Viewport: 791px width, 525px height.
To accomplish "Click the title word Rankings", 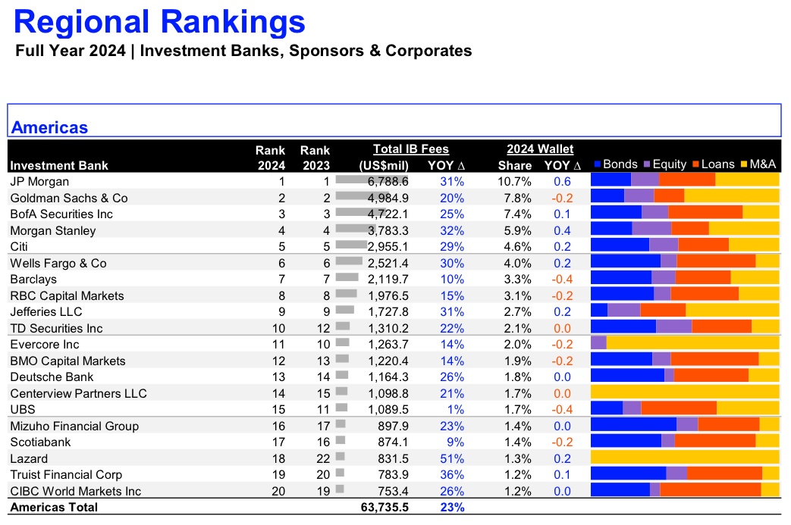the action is click(233, 22).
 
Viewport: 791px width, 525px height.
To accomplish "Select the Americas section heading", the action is click(49, 127).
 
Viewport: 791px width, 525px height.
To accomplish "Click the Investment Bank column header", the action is click(59, 165).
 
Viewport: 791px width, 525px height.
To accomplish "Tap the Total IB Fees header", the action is click(410, 149).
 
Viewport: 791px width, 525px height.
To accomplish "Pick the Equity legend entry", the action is click(665, 164).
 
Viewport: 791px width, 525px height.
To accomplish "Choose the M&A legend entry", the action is click(758, 164).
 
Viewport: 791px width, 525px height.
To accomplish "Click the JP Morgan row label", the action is click(39, 181).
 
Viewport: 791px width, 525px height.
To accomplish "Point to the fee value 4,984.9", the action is click(388, 198).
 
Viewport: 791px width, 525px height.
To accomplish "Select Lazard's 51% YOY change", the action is click(452, 458).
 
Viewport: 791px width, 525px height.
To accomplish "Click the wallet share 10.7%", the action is click(514, 181).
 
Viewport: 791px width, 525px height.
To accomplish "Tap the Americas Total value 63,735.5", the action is click(385, 508).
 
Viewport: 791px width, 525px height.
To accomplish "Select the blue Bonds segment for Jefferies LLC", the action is click(599, 310).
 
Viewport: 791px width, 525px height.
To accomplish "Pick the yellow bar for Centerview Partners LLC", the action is click(685, 392).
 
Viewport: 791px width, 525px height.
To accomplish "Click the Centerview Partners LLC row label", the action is click(78, 393).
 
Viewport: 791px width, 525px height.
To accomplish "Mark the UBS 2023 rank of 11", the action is click(323, 410).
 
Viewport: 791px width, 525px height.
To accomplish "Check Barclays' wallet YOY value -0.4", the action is click(562, 279).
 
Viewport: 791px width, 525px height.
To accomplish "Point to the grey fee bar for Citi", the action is click(351, 245).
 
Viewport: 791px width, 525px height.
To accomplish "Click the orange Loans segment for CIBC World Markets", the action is click(711, 489).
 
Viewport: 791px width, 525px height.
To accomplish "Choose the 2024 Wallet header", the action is click(540, 149).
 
